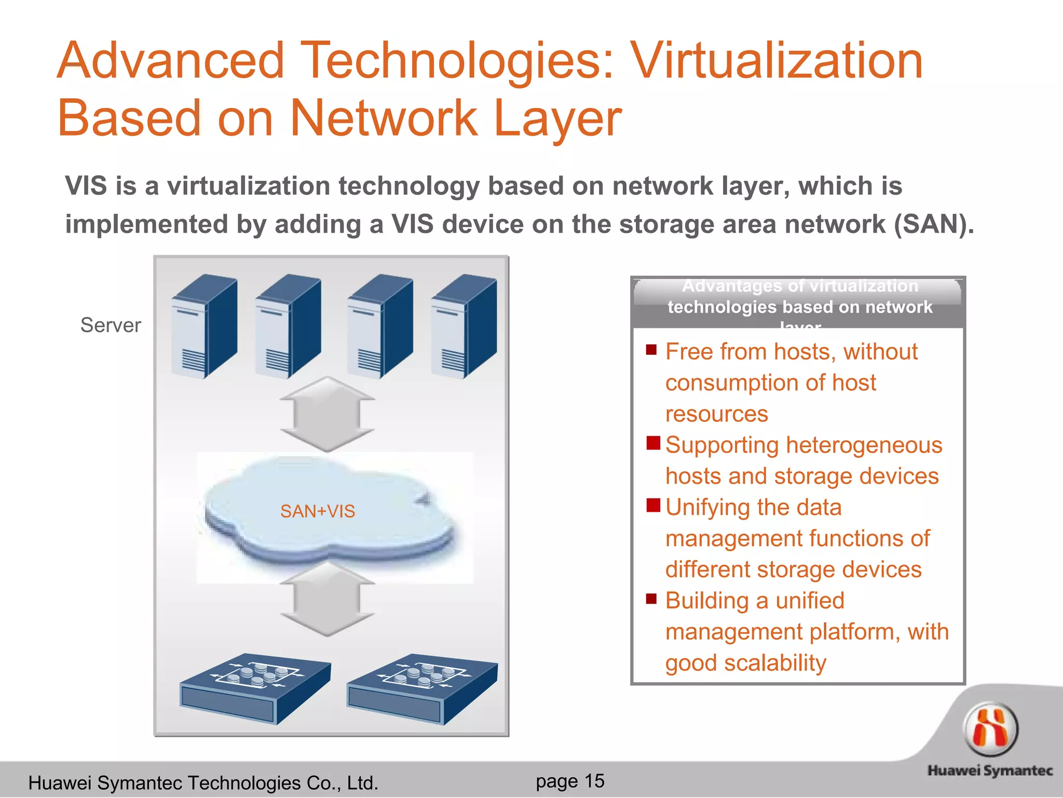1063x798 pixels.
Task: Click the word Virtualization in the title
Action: (776, 61)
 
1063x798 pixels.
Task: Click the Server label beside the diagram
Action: (111, 325)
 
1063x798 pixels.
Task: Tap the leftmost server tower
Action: (205, 326)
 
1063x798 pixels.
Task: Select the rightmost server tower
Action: (464, 326)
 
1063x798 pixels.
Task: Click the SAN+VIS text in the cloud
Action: (318, 511)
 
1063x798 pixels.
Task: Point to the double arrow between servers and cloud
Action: (327, 414)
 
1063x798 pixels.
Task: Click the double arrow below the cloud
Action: (327, 599)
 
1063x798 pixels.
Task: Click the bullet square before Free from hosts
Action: (651, 350)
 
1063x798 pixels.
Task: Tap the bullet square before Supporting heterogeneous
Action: (653, 443)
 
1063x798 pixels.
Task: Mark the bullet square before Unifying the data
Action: (653, 505)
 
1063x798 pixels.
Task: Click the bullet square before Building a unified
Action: (651, 598)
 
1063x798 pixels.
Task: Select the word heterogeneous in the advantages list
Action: (864, 445)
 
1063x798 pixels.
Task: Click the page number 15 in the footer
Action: (594, 781)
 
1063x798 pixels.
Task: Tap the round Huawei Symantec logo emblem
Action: (990, 729)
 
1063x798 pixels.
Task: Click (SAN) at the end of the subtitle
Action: (934, 224)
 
